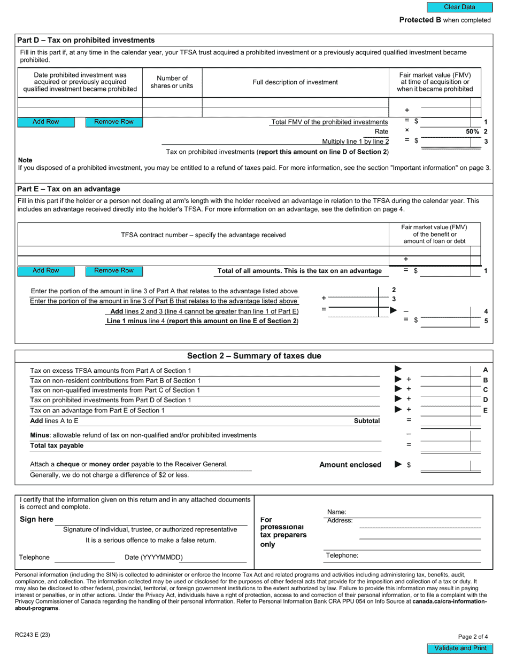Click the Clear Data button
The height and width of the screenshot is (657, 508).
[x=459, y=7]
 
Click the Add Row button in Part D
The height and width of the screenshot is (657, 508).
[x=45, y=122]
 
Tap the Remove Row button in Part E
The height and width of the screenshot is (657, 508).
[x=114, y=271]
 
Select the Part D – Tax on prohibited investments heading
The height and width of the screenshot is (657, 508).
[x=86, y=40]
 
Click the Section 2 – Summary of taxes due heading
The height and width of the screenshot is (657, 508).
[x=254, y=356]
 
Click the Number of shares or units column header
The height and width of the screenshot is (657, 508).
[x=172, y=82]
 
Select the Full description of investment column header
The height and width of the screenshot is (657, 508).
[x=295, y=82]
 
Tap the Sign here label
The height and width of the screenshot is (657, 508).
[x=36, y=519]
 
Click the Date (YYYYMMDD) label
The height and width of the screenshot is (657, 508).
[x=153, y=557]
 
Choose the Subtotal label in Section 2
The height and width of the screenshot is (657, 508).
[x=367, y=421]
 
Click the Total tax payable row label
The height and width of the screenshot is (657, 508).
[x=57, y=445]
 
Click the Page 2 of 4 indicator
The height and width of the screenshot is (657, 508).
[x=473, y=636]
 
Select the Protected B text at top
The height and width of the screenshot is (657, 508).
[x=444, y=20]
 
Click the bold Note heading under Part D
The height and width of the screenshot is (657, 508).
[x=25, y=160]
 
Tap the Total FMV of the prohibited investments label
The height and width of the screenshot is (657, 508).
[x=329, y=122]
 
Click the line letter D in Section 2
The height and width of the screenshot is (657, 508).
[x=486, y=400]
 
